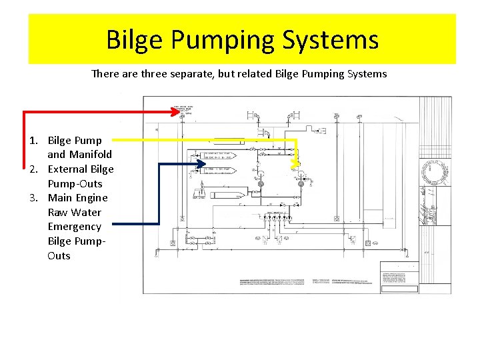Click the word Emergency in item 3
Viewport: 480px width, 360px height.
click(x=75, y=227)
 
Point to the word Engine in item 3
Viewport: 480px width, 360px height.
click(x=91, y=198)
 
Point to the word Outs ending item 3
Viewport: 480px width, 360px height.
click(x=59, y=255)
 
